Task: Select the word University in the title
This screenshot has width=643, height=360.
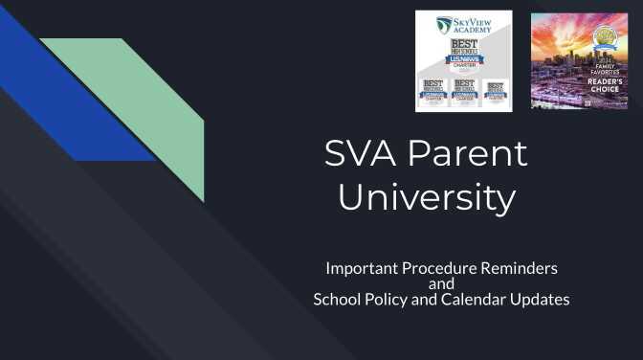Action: point(426,198)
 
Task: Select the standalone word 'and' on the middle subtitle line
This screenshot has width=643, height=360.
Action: point(441,283)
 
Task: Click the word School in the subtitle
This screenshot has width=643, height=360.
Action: point(337,300)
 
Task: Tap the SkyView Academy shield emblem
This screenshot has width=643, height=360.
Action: point(444,24)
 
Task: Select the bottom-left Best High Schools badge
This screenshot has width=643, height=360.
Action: point(433,92)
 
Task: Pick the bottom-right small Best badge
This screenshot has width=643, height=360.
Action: point(495,92)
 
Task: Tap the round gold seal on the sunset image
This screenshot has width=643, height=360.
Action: point(605,38)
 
